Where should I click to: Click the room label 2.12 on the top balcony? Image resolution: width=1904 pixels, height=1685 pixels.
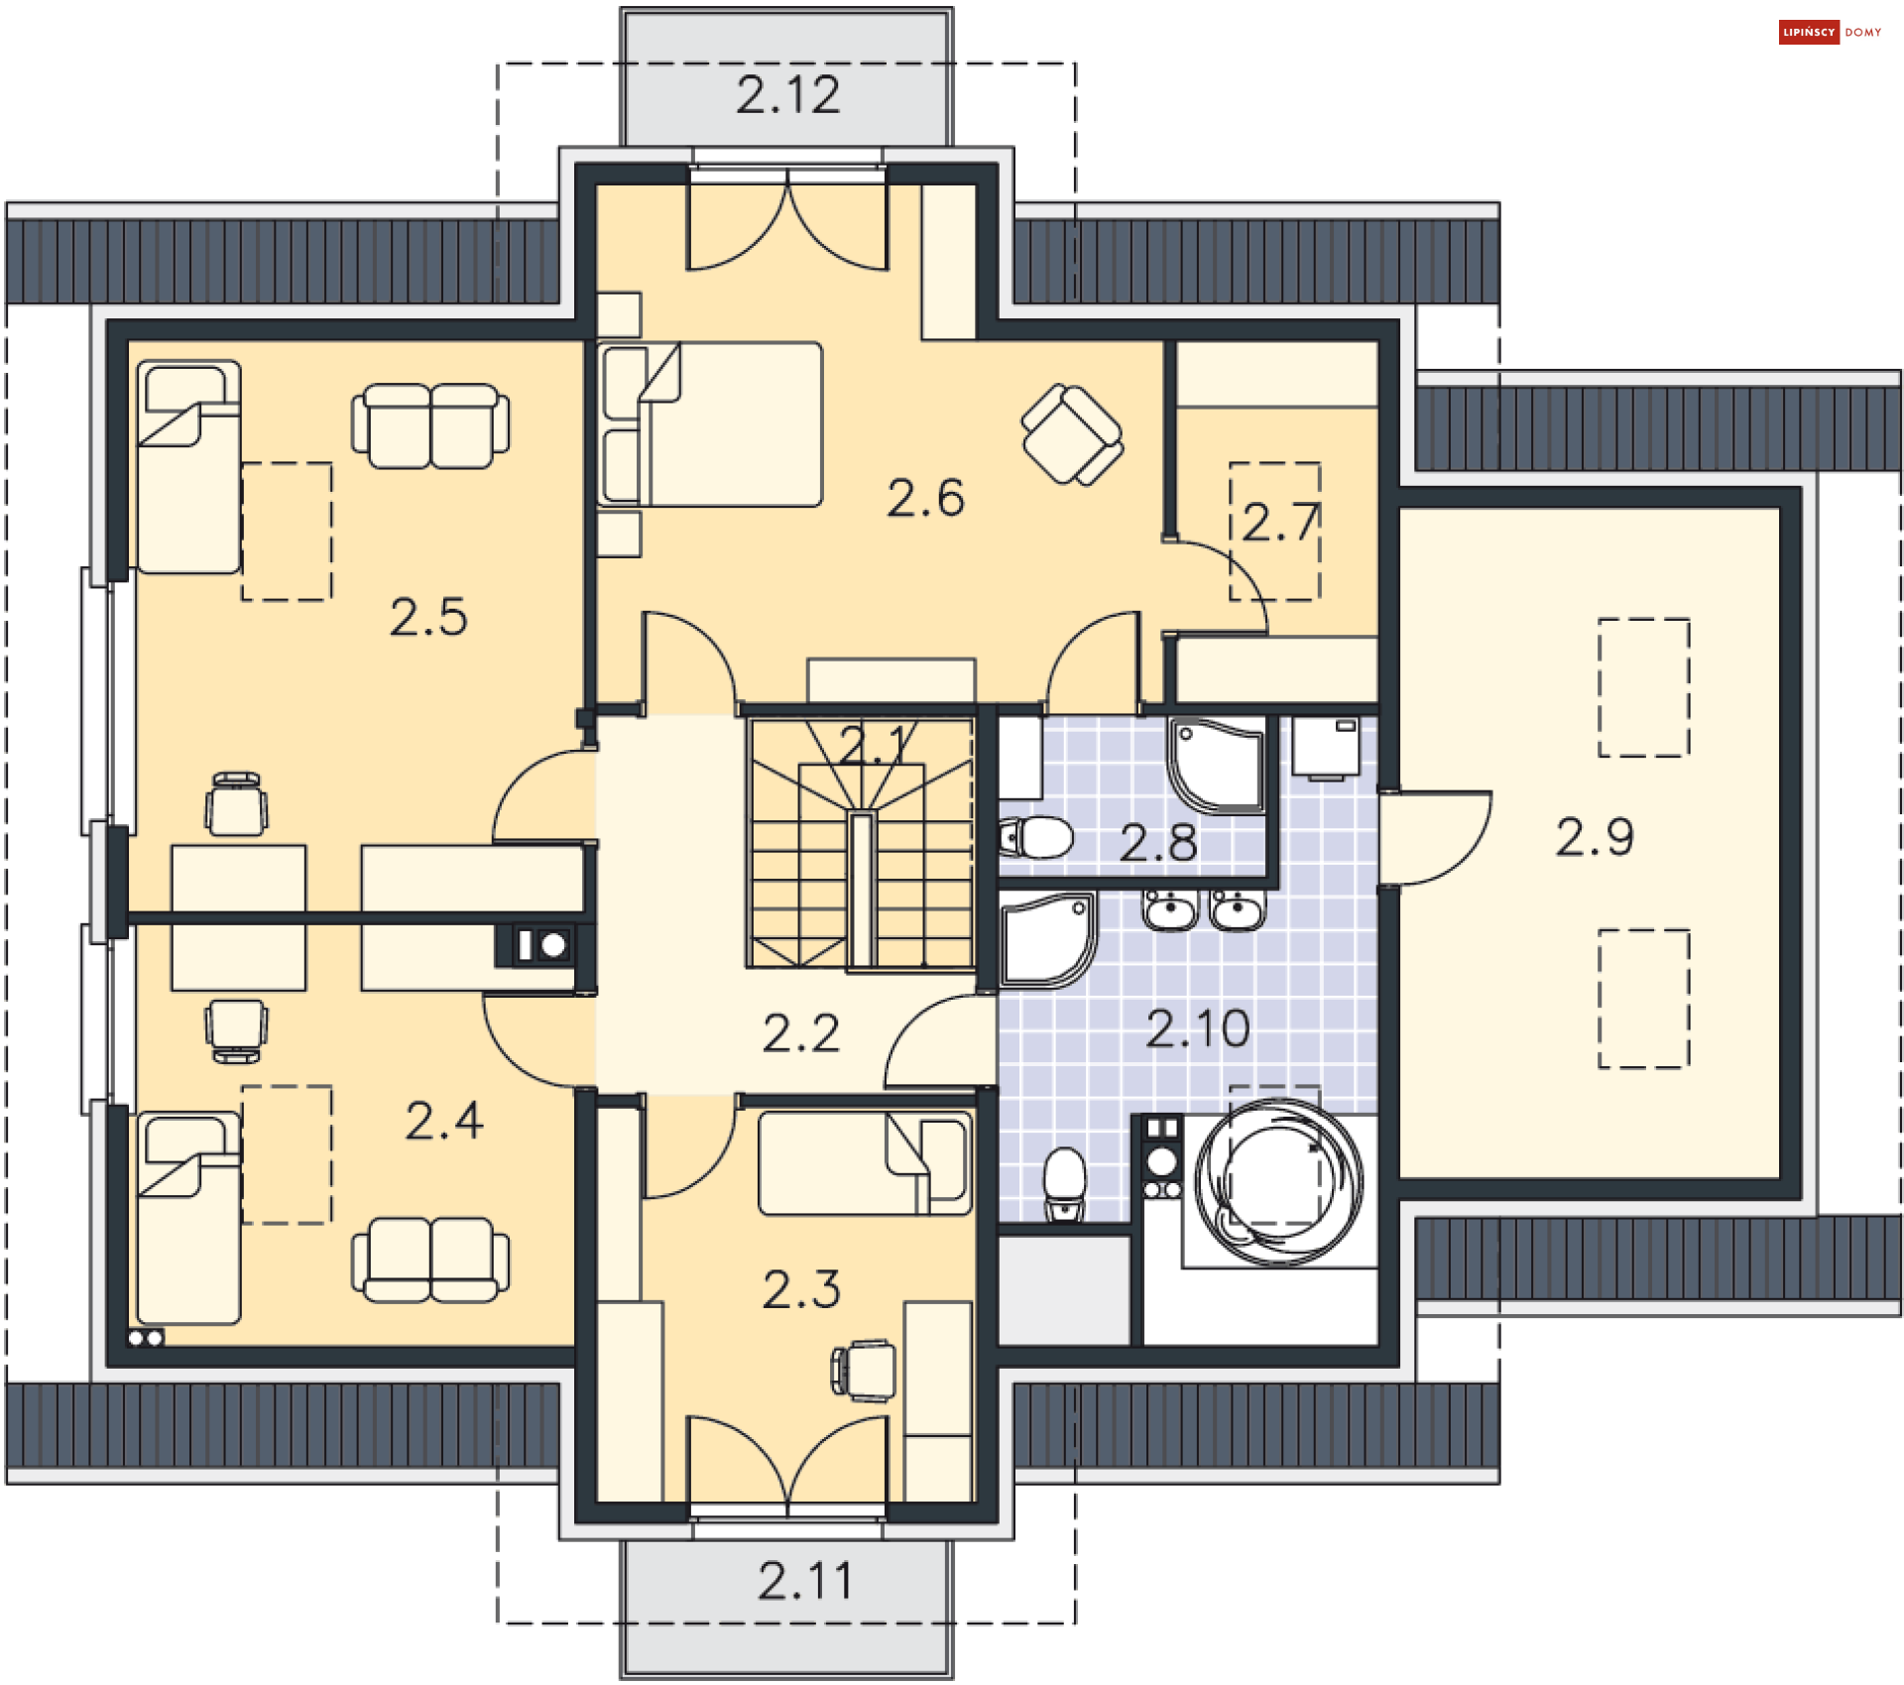coord(788,95)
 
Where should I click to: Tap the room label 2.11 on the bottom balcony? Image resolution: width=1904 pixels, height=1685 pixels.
coord(805,1581)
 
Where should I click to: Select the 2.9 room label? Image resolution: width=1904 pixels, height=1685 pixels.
coord(1595,837)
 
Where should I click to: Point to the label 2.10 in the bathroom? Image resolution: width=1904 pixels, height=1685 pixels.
coord(1198,1028)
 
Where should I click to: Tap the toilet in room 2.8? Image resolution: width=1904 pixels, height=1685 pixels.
coord(1036,838)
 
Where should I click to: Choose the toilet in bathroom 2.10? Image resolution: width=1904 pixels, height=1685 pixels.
coord(1065,1183)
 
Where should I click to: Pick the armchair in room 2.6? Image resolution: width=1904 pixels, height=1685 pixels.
coord(1072,434)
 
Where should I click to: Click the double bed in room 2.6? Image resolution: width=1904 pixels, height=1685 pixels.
coord(710,424)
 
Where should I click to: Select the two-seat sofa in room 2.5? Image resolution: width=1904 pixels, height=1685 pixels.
coord(430,425)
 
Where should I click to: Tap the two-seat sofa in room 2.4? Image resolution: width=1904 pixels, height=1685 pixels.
coord(430,1260)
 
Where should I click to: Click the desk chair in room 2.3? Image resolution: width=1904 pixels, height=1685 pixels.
coord(864,1371)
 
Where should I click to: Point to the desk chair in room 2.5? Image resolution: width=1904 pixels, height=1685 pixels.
coord(236,804)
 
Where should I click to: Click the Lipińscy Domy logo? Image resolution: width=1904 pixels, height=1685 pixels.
coord(1830,33)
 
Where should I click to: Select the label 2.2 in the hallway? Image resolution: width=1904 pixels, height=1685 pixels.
coord(801,1033)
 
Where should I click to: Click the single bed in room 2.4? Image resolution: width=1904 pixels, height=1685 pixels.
coord(188,1218)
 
